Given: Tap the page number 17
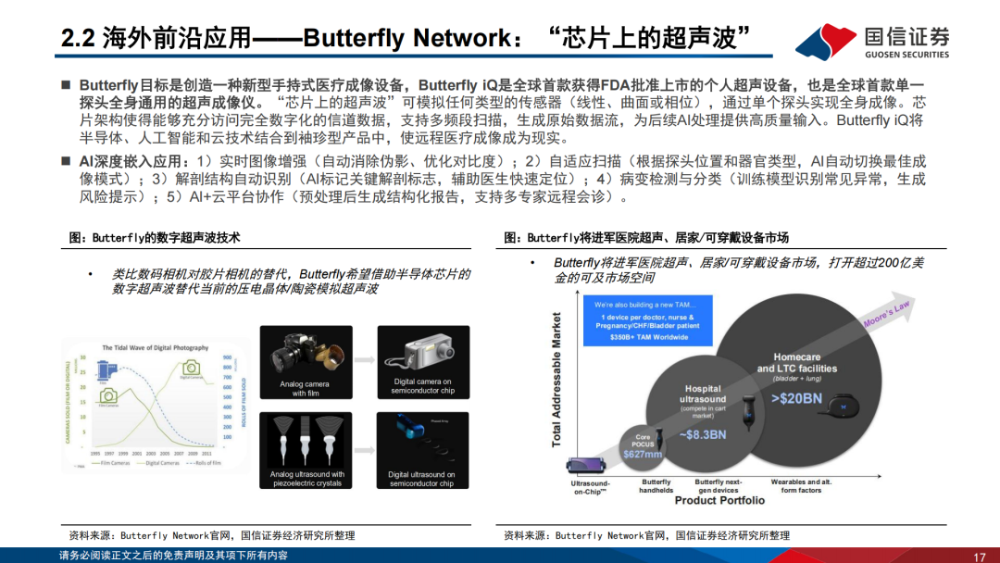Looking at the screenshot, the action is pyautogui.click(x=979, y=556).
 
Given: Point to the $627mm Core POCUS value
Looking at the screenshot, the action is pyautogui.click(x=641, y=455).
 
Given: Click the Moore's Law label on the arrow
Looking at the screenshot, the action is pyautogui.click(x=886, y=314).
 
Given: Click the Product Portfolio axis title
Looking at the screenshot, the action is pyautogui.click(x=719, y=500).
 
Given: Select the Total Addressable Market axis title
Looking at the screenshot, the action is pyautogui.click(x=557, y=380).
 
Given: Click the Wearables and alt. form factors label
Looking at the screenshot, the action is pyautogui.click(x=801, y=486).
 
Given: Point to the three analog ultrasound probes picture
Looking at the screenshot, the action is pyautogui.click(x=306, y=441).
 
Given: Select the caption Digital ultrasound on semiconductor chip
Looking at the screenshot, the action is pyautogui.click(x=421, y=479).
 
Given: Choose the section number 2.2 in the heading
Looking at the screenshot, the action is pyautogui.click(x=77, y=38).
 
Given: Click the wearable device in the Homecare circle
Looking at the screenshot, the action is pyautogui.click(x=842, y=405).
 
